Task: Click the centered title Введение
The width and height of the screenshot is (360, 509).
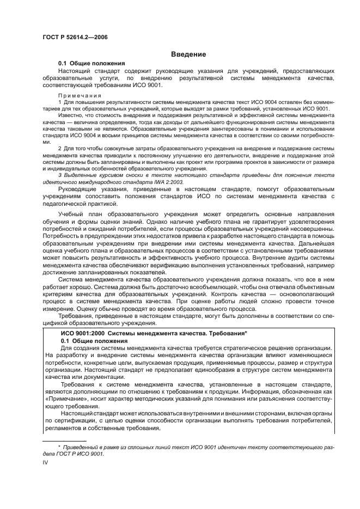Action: click(188, 54)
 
